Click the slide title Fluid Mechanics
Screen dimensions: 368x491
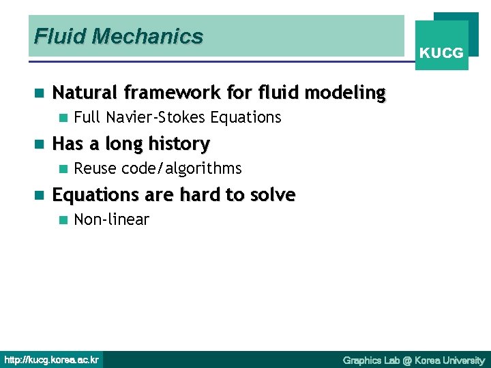pos(119,36)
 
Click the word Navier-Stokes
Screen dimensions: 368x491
pos(156,118)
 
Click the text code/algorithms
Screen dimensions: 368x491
pos(181,168)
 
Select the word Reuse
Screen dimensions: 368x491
pos(95,168)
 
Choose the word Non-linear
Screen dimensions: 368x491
pos(111,219)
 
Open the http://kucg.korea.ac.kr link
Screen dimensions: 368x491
pos(52,359)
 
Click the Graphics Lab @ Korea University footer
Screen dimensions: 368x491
pos(413,360)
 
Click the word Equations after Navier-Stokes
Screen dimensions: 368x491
pos(245,118)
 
